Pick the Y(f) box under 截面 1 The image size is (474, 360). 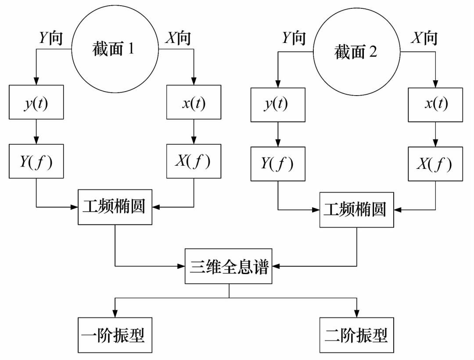click(36, 161)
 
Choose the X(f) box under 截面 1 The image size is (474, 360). click(194, 161)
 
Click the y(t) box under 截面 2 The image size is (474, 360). click(277, 105)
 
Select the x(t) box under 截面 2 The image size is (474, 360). click(435, 105)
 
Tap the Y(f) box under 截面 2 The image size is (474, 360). click(277, 164)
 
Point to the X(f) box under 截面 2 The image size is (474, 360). click(435, 164)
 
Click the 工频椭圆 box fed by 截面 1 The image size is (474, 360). click(115, 207)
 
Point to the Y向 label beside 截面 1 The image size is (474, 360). click(50, 38)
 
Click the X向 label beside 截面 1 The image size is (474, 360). click(178, 38)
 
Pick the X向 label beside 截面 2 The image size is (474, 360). click(424, 38)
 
